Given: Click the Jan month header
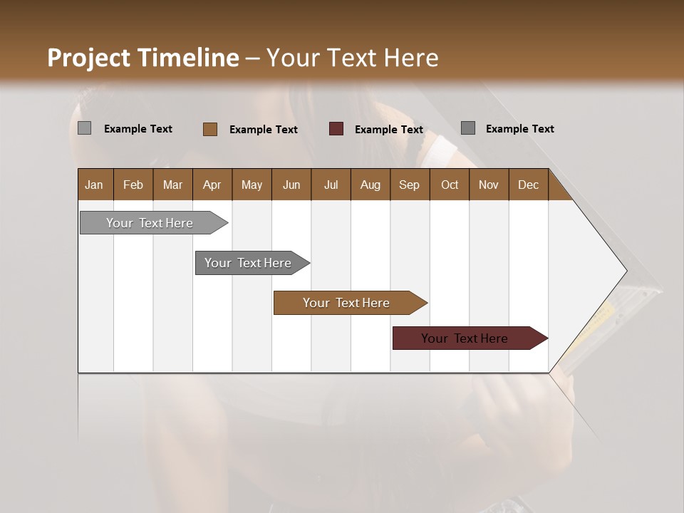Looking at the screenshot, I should point(94,185).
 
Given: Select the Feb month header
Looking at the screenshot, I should point(133,185).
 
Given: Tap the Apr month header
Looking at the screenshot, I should point(212,185).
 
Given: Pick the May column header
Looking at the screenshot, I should point(252,185).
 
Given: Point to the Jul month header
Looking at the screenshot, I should point(331,185).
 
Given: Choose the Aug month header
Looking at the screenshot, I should point(370,185).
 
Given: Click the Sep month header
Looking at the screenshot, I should point(409,185).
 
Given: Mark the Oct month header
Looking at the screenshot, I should point(449,185).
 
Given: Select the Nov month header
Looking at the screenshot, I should point(488,185).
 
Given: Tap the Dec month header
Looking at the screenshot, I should point(528,185).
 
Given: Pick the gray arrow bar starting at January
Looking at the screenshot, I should point(150,223).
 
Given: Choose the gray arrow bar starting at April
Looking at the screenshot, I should point(249,263).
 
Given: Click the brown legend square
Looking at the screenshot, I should point(209,129).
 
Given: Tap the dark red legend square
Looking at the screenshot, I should point(336,129).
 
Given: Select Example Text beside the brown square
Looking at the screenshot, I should point(263,130).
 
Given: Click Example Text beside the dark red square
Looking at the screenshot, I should point(388,130).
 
